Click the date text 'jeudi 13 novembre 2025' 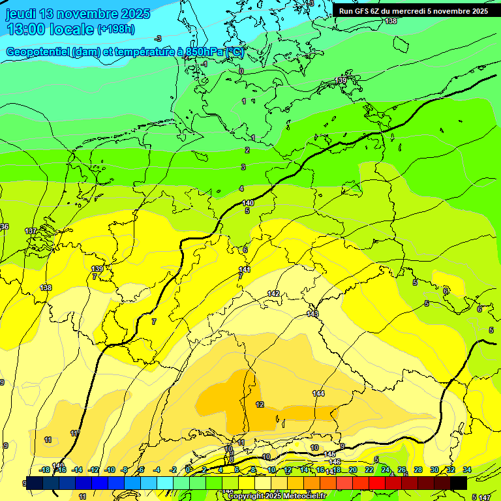click(78, 14)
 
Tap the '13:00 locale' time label click(50, 29)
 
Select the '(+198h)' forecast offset click(116, 29)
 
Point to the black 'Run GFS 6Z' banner click(413, 11)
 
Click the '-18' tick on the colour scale click(44, 470)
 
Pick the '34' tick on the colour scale click(467, 470)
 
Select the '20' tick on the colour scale click(353, 470)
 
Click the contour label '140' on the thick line click(248, 203)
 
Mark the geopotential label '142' click(273, 294)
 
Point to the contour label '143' click(312, 314)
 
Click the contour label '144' click(318, 393)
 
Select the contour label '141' click(245, 269)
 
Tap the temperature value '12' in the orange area click(260, 404)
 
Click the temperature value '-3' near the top click(158, 39)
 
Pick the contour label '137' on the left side click(31, 232)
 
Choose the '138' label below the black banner click(390, 22)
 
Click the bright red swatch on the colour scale click(376, 483)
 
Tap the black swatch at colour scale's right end click(458, 483)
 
